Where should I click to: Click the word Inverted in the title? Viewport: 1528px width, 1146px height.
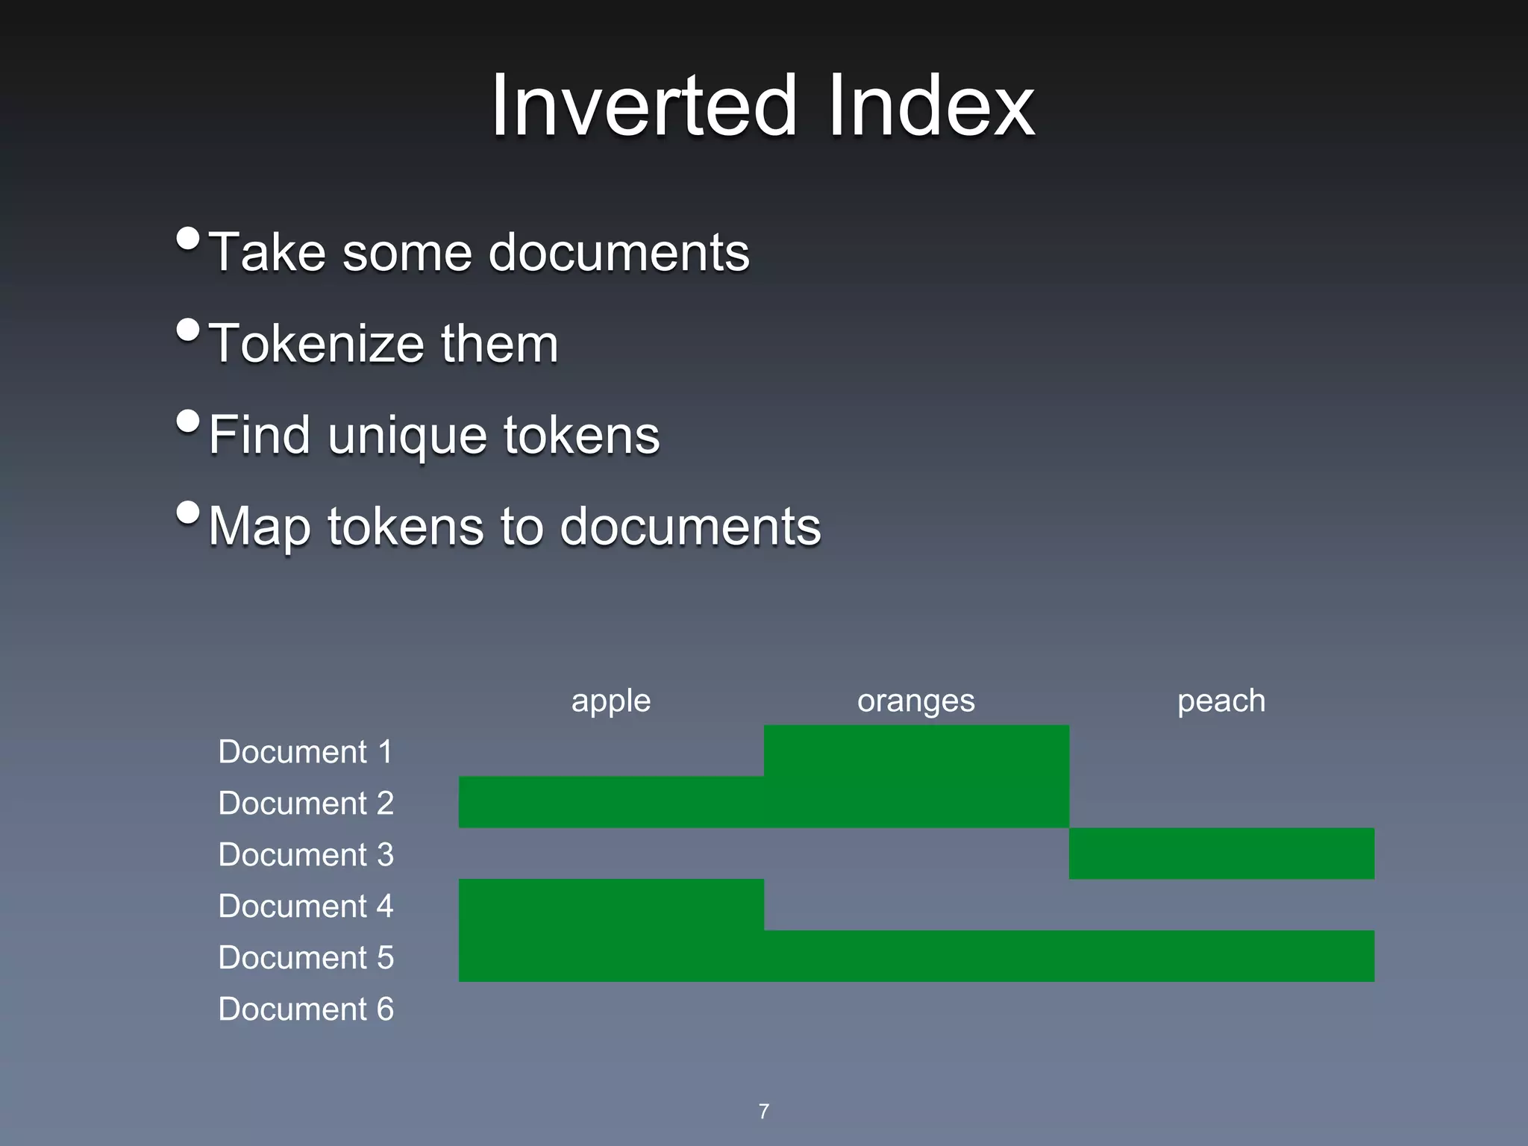(x=643, y=106)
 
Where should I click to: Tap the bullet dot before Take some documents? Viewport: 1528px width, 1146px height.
(x=188, y=239)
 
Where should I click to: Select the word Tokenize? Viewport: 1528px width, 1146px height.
(x=316, y=344)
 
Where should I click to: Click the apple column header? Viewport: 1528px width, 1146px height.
(x=610, y=701)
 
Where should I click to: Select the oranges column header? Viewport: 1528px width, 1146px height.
(x=915, y=701)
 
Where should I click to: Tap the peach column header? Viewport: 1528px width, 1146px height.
(x=1221, y=701)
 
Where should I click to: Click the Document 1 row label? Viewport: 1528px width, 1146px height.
(x=305, y=751)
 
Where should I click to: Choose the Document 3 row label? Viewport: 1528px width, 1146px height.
(x=305, y=854)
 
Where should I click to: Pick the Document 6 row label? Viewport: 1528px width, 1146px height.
(x=305, y=1009)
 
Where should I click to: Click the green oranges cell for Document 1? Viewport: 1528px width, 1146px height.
(x=915, y=751)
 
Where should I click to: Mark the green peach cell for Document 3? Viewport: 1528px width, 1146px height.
(x=1221, y=854)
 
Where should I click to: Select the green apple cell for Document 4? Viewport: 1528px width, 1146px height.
(x=610, y=905)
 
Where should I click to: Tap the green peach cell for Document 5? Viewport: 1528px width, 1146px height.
(x=1221, y=956)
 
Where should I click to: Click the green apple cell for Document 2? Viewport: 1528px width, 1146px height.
(x=610, y=802)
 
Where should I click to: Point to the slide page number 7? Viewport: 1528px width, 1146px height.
(x=763, y=1111)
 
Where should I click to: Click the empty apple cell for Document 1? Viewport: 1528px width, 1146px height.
(x=610, y=751)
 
